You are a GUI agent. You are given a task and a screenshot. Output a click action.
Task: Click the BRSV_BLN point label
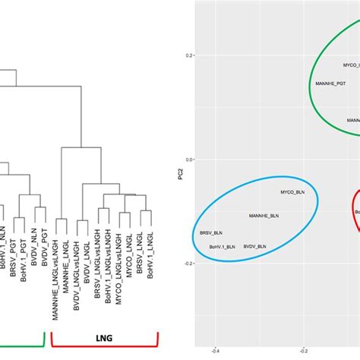211,233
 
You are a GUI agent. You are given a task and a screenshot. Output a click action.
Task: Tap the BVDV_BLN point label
254,246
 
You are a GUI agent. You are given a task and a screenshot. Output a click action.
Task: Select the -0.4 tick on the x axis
216,351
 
